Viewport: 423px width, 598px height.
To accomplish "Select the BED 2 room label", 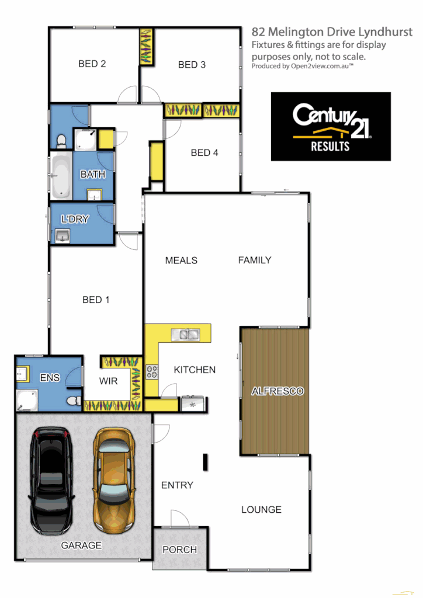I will click(92, 64).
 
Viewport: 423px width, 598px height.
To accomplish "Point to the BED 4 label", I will click(204, 153).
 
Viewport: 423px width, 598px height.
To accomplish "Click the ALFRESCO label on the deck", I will click(277, 391).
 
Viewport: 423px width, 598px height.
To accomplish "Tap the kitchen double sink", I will click(185, 335).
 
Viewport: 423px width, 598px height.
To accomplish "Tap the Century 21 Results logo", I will click(331, 126).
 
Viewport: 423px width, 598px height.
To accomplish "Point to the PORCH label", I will click(179, 550).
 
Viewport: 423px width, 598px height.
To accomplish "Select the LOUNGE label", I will click(261, 510).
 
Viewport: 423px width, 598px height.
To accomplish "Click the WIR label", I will click(109, 381).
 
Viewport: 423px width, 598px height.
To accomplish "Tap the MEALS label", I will click(181, 260).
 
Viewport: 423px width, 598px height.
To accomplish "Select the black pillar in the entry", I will click(205, 462).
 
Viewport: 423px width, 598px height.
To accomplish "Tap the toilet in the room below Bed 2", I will click(61, 140).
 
